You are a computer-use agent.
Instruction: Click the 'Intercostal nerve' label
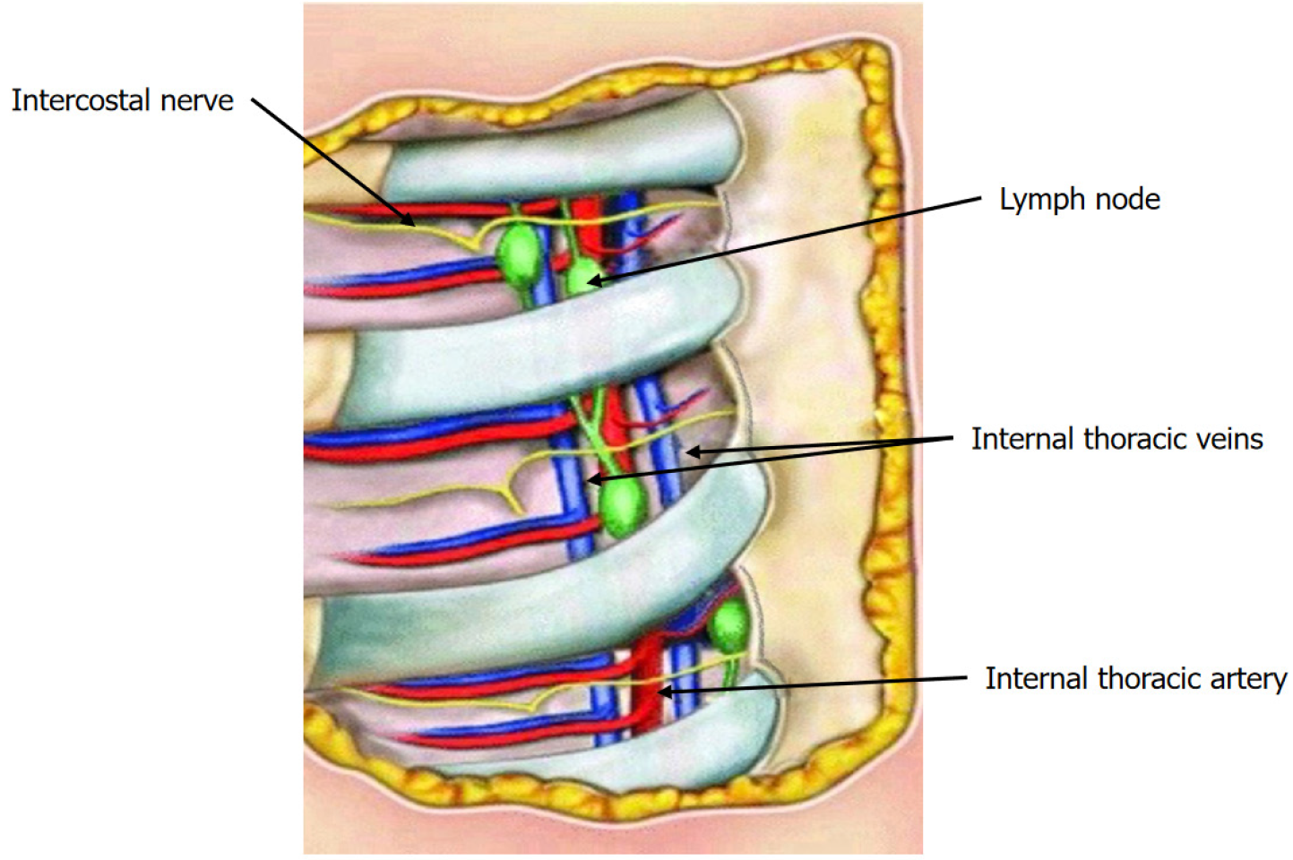tap(122, 100)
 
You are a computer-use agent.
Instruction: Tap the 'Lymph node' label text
tap(1079, 200)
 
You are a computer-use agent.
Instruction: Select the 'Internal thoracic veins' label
tap(1116, 439)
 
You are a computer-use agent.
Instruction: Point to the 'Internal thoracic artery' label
tap(1135, 679)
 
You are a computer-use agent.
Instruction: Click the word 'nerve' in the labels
tap(197, 100)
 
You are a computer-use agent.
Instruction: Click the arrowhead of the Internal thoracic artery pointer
tap(664, 691)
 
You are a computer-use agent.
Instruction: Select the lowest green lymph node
tap(730, 624)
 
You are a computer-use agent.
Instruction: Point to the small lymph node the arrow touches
tap(582, 276)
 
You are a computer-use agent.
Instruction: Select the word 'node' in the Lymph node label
tap(1130, 200)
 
